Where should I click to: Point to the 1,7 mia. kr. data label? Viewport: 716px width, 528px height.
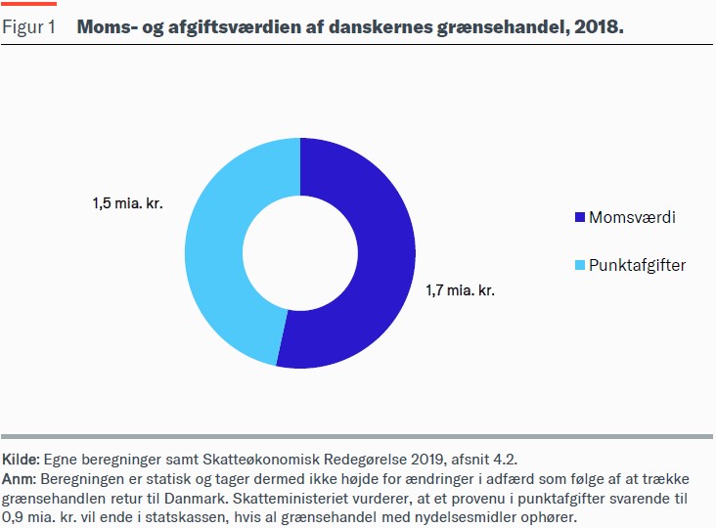point(459,290)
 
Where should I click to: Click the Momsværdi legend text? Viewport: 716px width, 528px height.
point(632,216)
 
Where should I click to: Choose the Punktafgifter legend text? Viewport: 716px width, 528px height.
point(637,265)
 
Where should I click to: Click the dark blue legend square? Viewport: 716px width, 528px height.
point(579,216)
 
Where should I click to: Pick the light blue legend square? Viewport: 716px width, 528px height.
point(579,265)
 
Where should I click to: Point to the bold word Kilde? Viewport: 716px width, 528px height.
point(20,459)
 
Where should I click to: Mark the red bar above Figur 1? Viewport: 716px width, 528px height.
point(28,4)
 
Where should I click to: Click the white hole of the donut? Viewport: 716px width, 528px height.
point(299,252)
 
